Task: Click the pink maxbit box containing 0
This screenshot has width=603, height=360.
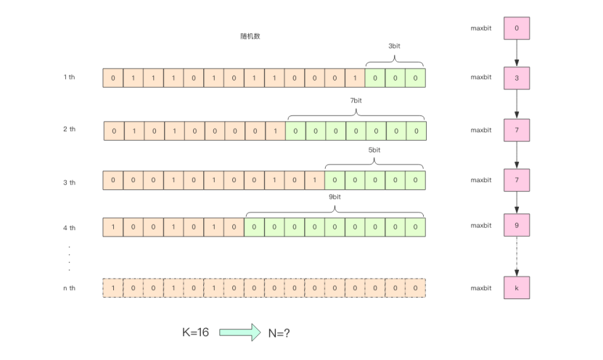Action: coord(517,28)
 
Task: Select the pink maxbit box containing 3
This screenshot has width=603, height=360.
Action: coord(517,77)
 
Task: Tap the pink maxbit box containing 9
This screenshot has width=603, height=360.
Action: coord(517,226)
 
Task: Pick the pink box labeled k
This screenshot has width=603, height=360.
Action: coord(517,288)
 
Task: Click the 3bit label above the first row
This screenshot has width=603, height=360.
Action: coord(394,45)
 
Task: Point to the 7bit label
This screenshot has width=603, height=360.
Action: coord(356,100)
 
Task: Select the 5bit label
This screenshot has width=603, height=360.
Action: coord(374,150)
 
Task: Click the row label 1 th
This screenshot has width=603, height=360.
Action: coord(70,77)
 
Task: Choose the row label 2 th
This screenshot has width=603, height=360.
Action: coord(70,129)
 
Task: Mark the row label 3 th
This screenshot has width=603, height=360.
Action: coord(70,181)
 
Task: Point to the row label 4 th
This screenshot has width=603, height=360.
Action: coord(70,227)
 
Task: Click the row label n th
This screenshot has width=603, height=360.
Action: coord(70,288)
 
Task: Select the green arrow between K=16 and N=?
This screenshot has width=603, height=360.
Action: coord(240,332)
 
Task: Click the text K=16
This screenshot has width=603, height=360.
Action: coord(195,332)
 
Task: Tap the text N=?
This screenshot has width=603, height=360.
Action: coord(278,332)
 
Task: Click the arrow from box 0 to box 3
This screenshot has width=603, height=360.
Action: coord(517,52)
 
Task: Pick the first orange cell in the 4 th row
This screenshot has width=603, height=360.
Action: coord(113,227)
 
